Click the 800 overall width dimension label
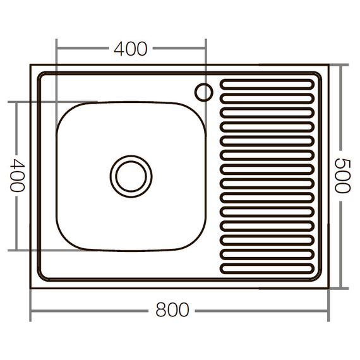172,311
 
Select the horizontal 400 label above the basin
131,48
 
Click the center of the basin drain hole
131,176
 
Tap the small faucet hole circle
203,92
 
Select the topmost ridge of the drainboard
267,83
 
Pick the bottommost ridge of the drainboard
267,269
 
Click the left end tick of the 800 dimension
30,311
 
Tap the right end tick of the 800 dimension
329,311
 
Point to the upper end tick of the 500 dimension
342,64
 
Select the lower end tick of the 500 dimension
342,288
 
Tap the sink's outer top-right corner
328,64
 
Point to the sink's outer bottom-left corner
31,288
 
